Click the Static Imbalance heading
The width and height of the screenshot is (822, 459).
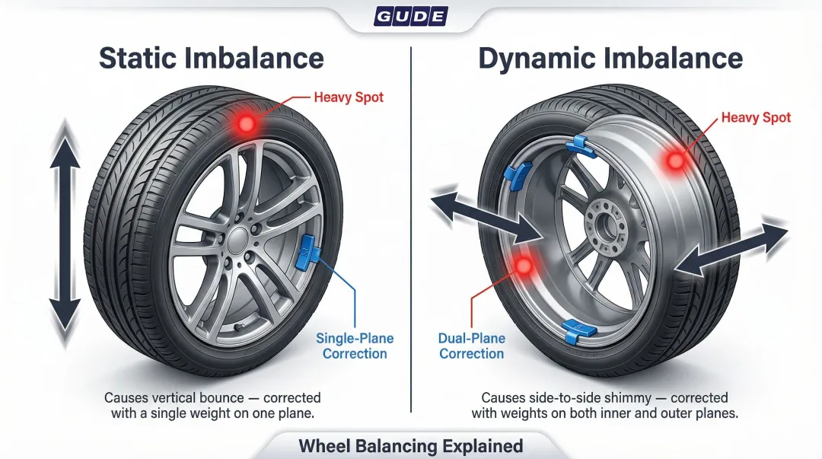pos(211,59)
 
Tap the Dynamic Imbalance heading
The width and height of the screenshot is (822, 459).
pos(610,59)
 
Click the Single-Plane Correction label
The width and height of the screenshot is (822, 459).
pos(354,346)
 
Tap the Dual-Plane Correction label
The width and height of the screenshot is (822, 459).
pos(471,346)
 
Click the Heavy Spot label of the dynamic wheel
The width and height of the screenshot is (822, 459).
pos(755,118)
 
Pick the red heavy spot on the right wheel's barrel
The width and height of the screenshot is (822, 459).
pos(674,161)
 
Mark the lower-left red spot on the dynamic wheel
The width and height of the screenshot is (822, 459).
pos(524,264)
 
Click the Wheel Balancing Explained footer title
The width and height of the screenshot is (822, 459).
pos(410,446)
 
